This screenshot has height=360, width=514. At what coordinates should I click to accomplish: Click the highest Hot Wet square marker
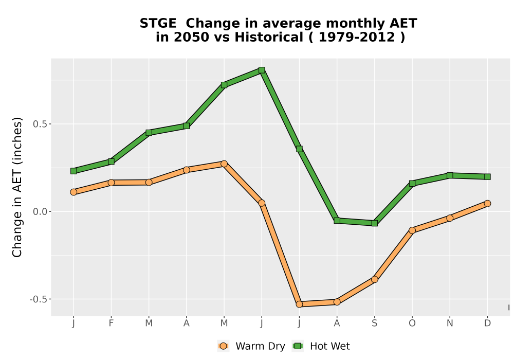[262, 70]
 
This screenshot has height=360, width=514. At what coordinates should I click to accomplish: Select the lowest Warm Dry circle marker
[299, 304]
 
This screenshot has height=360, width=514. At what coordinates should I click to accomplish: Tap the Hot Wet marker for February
[111, 161]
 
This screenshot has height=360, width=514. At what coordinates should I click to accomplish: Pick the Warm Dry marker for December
[487, 203]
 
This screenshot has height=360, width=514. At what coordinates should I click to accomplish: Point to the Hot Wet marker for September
[374, 223]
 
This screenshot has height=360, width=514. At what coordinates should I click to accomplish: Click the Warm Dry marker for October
[412, 230]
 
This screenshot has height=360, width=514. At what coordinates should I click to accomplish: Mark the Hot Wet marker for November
[450, 175]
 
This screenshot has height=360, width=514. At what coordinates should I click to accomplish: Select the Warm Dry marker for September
[374, 279]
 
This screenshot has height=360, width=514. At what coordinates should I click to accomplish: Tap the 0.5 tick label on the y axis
[40, 124]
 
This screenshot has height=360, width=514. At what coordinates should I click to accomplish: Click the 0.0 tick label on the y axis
[40, 211]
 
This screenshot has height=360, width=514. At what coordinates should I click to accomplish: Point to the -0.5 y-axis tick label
[39, 299]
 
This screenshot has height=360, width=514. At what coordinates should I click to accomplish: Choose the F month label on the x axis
[111, 323]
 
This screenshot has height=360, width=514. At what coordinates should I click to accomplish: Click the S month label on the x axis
[374, 323]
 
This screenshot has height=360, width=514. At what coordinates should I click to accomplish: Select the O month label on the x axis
[412, 323]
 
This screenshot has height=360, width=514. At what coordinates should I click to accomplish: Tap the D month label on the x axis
[487, 323]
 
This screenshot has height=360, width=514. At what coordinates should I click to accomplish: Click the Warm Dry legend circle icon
[223, 346]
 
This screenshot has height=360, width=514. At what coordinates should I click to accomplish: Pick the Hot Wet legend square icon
[298, 346]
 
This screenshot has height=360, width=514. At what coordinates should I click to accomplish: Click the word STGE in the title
[158, 24]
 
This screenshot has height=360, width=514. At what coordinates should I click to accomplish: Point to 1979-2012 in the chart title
[357, 38]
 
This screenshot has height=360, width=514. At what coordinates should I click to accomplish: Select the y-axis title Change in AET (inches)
[17, 187]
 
